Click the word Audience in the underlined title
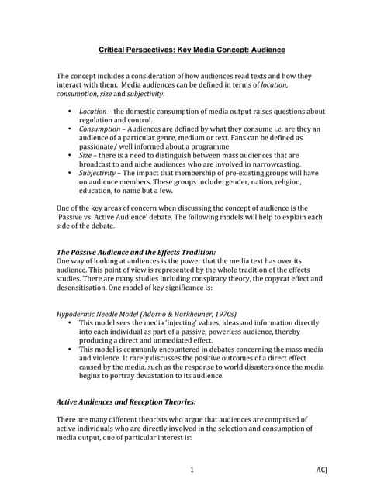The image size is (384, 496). [263, 50]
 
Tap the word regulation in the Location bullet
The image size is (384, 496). [98, 120]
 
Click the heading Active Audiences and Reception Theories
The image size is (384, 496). [126, 401]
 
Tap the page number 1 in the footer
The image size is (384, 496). [192, 470]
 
